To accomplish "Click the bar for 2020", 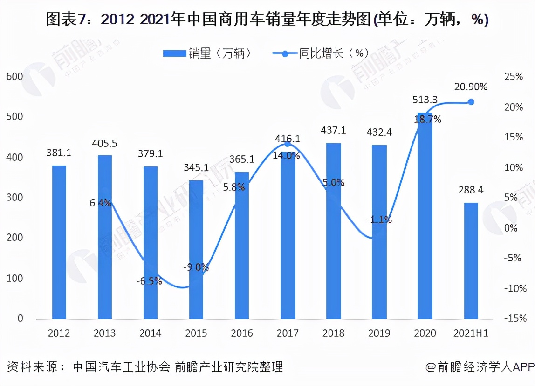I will point(425,216).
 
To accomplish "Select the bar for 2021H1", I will point(471,261).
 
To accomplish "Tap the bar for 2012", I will point(59,242).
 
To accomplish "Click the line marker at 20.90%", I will point(471,102).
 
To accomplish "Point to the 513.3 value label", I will point(425,100).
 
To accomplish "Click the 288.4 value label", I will point(471,190).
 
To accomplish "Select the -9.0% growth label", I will point(196,267).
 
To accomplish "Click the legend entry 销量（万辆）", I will point(208,53).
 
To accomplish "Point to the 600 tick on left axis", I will point(14,76).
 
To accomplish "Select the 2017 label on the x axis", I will point(288,333).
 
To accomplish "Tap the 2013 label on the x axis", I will point(104,333).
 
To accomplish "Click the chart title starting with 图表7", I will point(267,20).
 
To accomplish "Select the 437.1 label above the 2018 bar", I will point(333,131).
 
